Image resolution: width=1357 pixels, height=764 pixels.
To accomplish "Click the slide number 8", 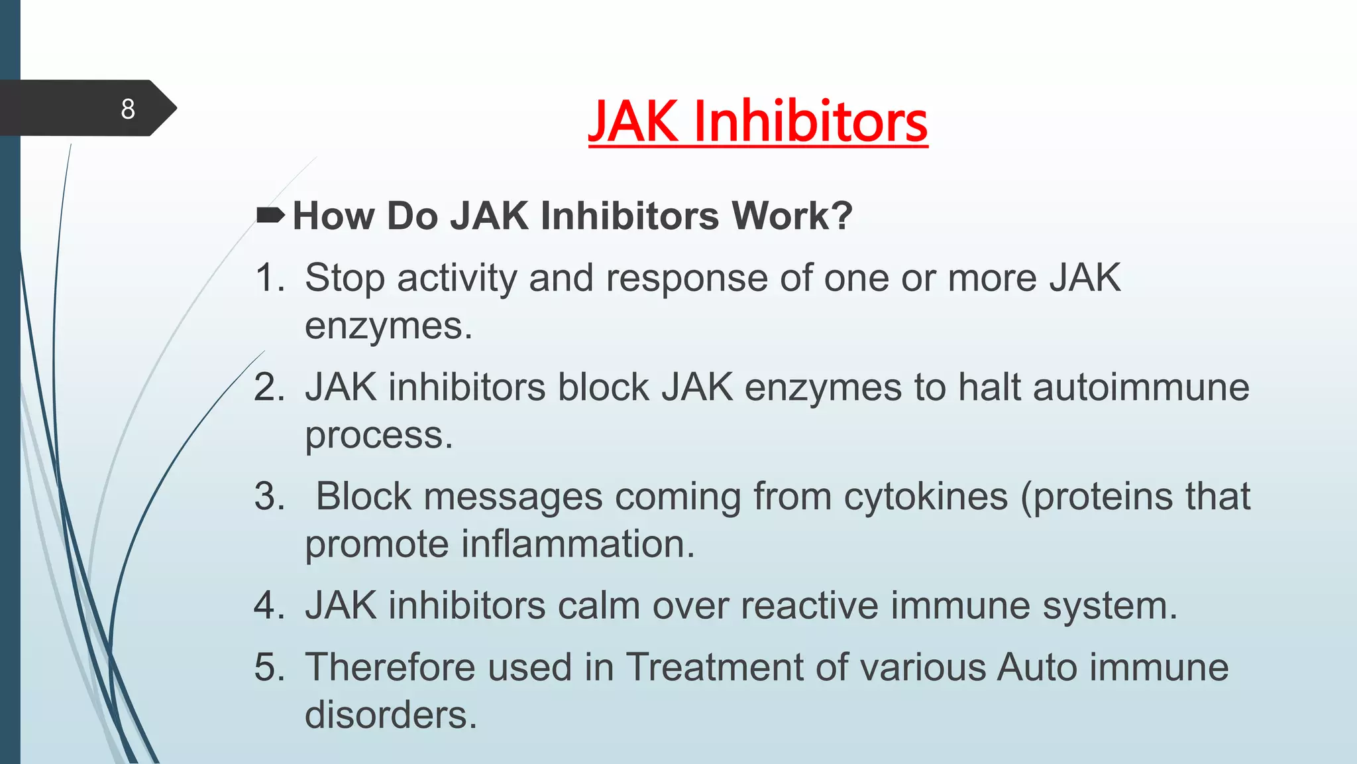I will point(128,109).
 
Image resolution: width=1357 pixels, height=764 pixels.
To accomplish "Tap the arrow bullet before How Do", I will point(270,215).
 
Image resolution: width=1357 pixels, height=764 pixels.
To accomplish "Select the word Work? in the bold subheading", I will point(792,216).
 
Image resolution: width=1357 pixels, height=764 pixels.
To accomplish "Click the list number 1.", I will point(268,277).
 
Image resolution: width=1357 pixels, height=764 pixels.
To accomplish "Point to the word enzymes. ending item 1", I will point(388,326).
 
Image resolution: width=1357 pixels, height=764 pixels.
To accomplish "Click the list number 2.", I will point(268,387).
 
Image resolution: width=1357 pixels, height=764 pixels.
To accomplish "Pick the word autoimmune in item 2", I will point(1141,387).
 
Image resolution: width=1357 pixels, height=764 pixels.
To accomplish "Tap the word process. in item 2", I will point(378,436).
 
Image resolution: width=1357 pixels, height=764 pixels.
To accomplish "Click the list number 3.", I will point(268,496).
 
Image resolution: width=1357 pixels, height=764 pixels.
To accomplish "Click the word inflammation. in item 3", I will point(578,544).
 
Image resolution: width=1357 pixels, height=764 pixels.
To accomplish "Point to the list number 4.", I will point(268,605).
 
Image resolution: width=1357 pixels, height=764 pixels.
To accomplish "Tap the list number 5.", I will point(268,667).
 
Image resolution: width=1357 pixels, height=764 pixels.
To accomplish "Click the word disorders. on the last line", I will point(391,715).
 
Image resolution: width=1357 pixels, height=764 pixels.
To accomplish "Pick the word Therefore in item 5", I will point(390,667).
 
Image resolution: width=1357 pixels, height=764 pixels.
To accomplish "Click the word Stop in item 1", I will point(345,277).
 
